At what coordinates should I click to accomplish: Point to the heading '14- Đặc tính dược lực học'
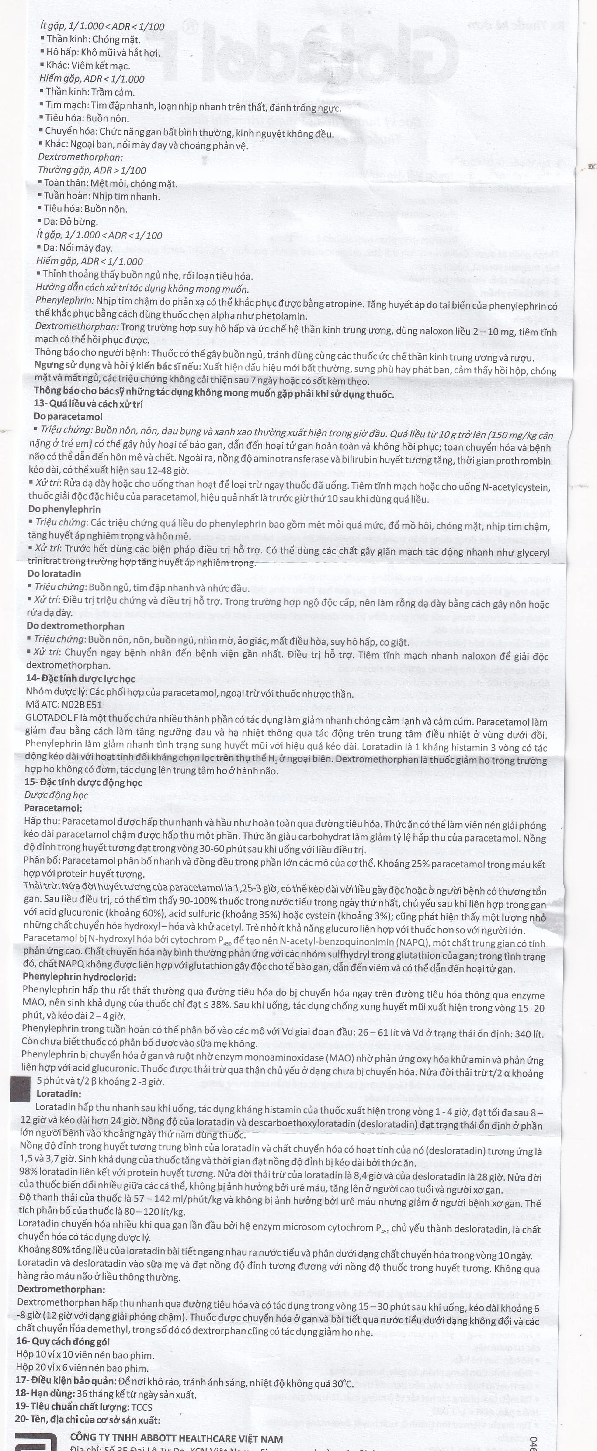coord(80,679)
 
